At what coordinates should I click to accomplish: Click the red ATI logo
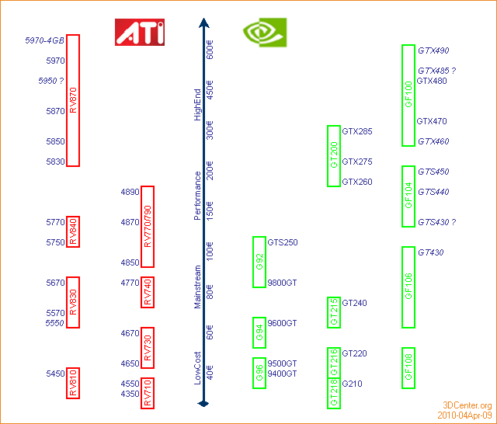click(x=140, y=32)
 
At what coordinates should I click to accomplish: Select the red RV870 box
click(x=73, y=100)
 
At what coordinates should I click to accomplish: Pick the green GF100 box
click(x=408, y=95)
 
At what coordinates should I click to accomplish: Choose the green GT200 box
click(x=334, y=155)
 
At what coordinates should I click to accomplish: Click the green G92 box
click(x=259, y=262)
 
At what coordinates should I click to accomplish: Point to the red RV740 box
click(x=148, y=292)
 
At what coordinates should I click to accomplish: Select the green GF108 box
click(x=408, y=367)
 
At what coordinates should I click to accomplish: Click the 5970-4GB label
click(x=43, y=40)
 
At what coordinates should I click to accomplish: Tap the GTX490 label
click(x=433, y=50)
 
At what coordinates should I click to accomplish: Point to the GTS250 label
click(x=283, y=242)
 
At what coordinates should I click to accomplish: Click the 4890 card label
click(x=130, y=192)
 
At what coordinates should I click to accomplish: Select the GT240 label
click(x=354, y=303)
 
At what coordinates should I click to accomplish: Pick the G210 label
click(x=352, y=384)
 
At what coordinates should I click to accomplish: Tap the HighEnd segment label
click(x=197, y=104)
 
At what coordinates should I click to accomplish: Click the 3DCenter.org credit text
click(x=467, y=405)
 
